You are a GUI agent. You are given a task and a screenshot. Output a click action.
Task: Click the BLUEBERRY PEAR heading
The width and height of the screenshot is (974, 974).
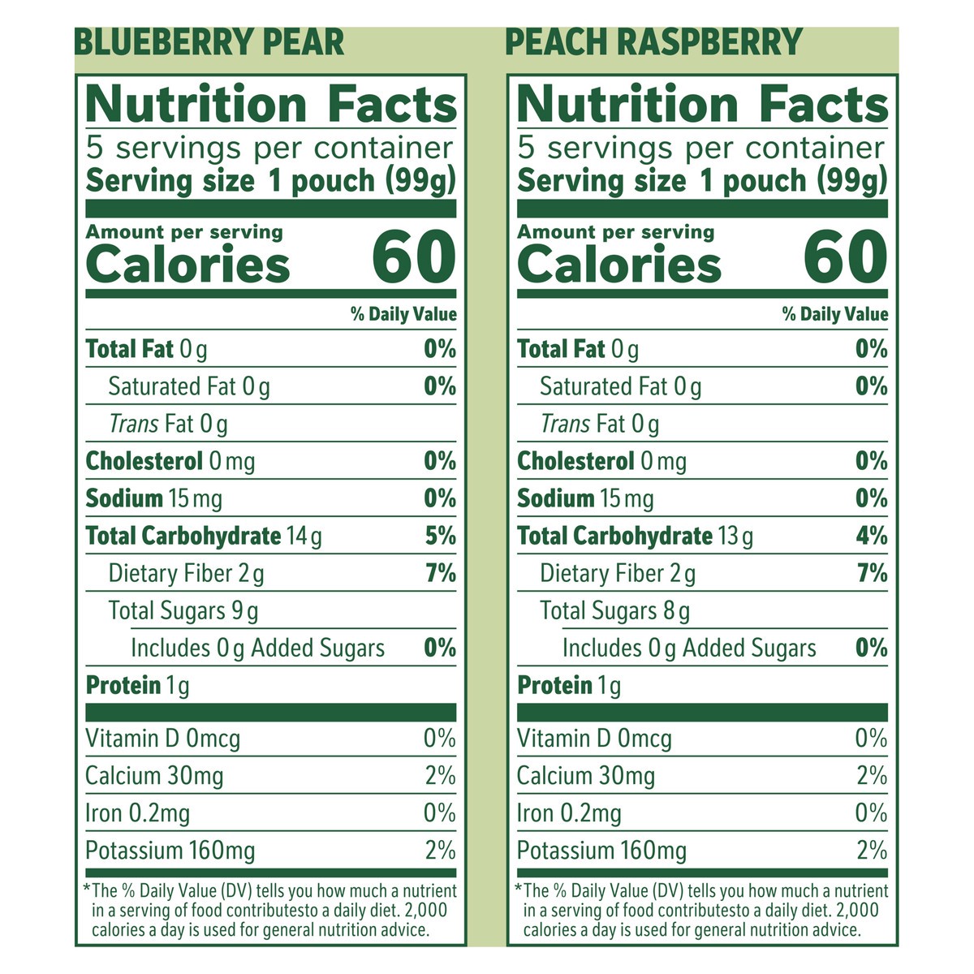[209, 42]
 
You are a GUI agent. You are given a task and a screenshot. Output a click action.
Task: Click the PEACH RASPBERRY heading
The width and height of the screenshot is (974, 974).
[653, 42]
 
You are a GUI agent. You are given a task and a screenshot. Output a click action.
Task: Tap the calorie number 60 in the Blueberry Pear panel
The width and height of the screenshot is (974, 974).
[414, 257]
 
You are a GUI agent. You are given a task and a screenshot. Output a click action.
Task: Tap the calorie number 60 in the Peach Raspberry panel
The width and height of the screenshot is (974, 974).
[846, 257]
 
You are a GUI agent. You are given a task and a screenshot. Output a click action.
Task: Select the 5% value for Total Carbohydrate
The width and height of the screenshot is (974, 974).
[440, 537]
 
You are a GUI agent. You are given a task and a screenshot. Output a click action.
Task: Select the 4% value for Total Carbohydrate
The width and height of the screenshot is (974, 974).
[872, 537]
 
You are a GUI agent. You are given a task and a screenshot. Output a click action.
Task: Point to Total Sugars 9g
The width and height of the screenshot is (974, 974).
[183, 611]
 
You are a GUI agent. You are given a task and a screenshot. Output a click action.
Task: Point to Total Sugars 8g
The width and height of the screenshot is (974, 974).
[615, 611]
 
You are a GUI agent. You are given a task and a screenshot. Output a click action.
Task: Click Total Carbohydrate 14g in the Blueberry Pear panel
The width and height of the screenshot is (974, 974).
[204, 537]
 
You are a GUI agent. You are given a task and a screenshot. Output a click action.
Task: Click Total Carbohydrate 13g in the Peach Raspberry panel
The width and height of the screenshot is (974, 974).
[636, 537]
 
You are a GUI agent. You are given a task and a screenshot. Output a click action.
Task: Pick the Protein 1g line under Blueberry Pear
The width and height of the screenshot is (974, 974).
[138, 686]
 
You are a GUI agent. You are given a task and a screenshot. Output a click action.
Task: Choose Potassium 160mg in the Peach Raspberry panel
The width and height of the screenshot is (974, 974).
[601, 851]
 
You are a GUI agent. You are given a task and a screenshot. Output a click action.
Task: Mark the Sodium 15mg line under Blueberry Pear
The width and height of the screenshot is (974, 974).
[154, 499]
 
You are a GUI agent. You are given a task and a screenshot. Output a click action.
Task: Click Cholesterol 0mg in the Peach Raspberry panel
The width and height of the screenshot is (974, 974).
[601, 462]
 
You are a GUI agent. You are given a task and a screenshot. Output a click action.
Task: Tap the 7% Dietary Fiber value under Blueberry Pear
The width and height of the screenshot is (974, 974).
[440, 574]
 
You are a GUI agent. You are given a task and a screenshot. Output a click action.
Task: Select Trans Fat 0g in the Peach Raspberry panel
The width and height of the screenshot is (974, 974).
[600, 425]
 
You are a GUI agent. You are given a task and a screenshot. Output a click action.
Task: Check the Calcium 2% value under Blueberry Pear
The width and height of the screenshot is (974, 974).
[440, 776]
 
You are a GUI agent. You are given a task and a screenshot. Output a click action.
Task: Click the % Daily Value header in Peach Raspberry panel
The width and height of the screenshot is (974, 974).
[835, 315]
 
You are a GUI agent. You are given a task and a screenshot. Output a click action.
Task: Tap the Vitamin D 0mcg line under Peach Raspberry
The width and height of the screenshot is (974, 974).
[594, 739]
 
